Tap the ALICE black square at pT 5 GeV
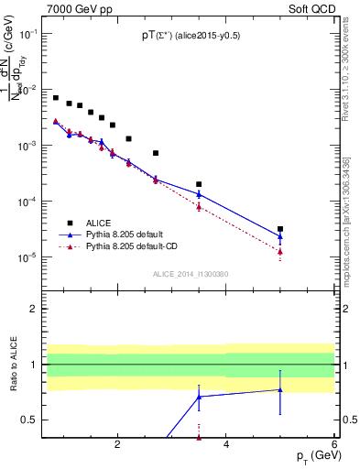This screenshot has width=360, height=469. point(280,229)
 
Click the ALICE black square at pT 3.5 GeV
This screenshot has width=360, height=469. point(199,184)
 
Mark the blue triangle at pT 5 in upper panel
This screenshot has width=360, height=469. point(280,236)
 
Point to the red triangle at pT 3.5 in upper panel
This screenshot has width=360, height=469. point(199,206)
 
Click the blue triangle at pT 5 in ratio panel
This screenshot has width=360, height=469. point(280,389)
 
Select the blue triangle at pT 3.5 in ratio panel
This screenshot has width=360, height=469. point(199,397)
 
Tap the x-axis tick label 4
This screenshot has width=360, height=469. point(226,445)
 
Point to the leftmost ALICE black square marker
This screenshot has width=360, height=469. point(56,98)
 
